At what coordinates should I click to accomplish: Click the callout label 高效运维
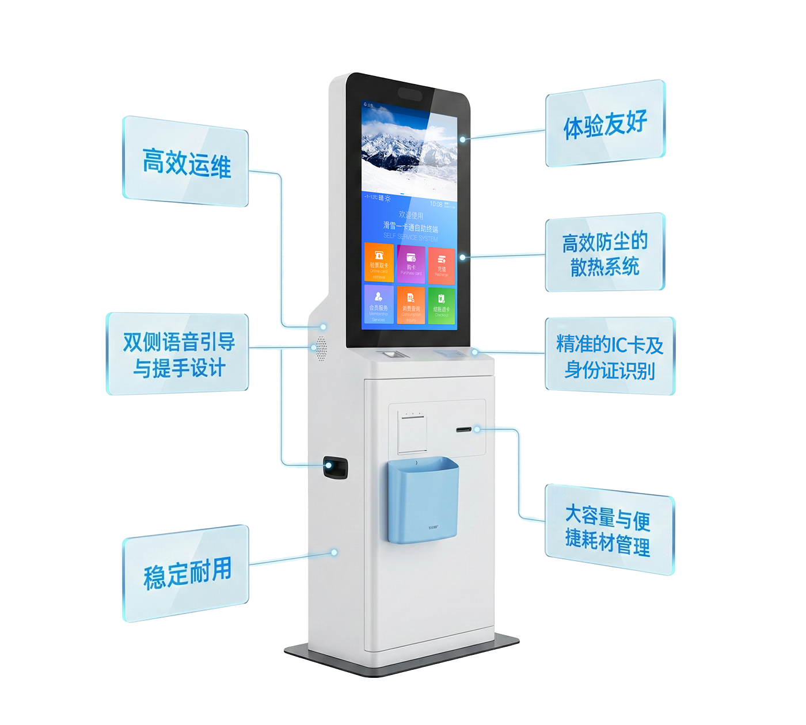[185, 162]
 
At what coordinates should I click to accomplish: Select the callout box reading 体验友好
[605, 124]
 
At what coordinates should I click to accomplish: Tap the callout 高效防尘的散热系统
[605, 253]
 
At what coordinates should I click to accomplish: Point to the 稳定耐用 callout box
[186, 573]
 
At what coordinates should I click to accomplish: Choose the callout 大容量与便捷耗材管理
[609, 529]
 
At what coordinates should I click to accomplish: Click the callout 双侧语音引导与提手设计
[178, 354]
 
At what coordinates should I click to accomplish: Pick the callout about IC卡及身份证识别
[610, 356]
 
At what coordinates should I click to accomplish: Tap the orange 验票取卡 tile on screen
[379, 263]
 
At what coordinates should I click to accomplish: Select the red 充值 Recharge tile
[442, 266]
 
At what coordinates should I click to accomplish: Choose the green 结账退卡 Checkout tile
[442, 305]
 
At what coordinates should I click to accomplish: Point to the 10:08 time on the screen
[436, 204]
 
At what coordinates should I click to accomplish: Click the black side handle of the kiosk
[335, 468]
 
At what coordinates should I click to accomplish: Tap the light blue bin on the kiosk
[423, 501]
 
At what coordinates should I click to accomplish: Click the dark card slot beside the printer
[464, 430]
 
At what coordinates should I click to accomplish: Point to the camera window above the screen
[410, 94]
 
